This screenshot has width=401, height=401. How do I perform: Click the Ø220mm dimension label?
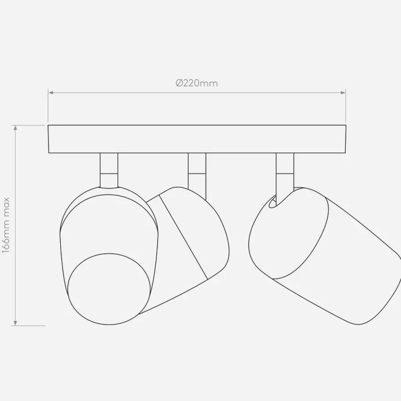(197, 83)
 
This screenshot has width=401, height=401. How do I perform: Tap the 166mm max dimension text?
(5, 225)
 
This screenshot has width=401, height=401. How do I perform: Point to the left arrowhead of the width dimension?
(51, 93)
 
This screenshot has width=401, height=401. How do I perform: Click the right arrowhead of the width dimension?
(343, 93)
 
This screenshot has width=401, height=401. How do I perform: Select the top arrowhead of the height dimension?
(15, 128)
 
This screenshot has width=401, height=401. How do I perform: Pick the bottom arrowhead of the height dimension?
(15, 323)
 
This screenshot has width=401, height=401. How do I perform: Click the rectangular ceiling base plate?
(197, 139)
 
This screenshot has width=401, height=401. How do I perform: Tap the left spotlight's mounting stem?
(109, 170)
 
